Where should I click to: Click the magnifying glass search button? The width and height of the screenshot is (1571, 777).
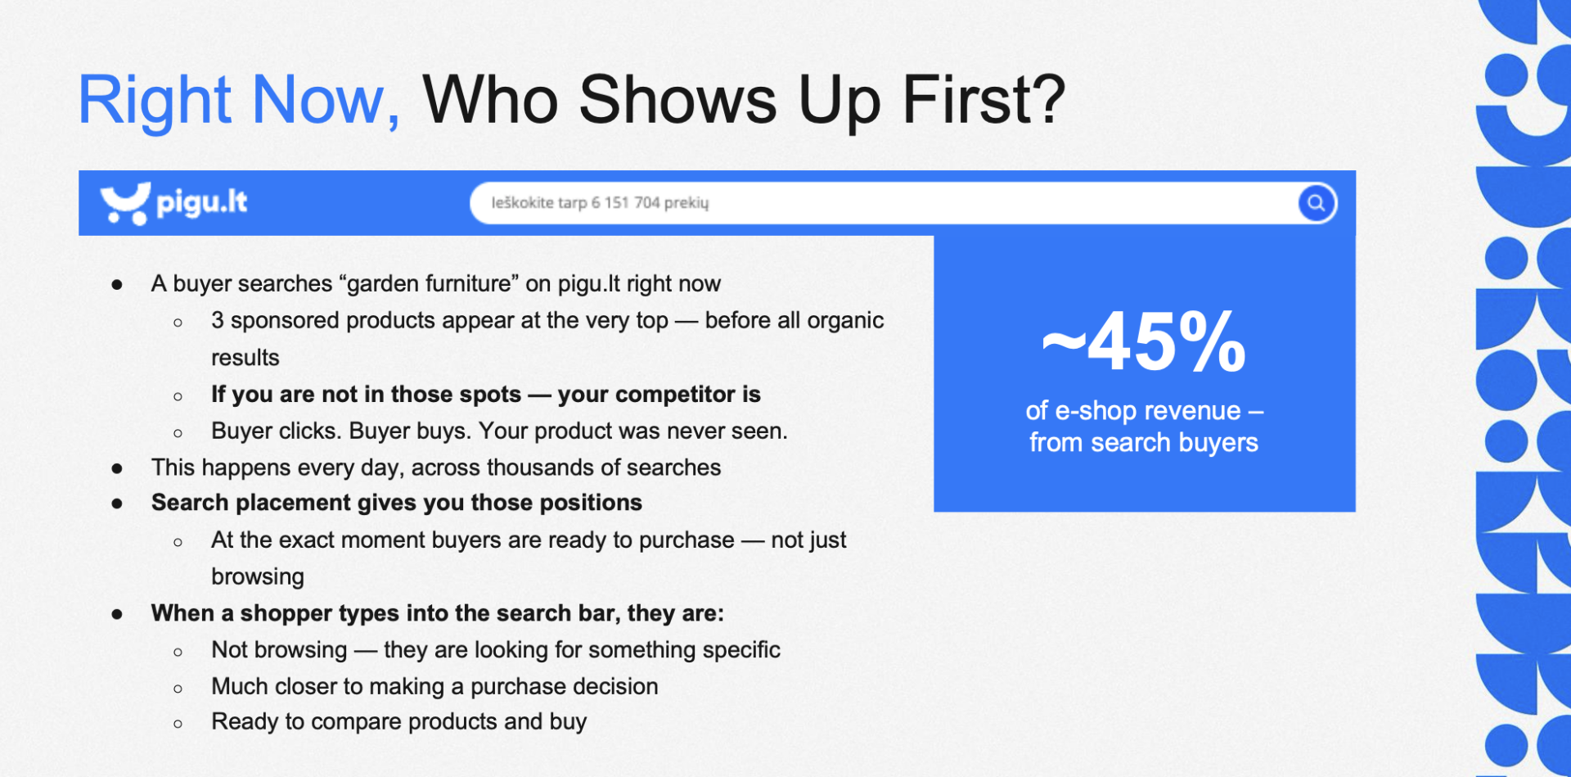(x=1317, y=203)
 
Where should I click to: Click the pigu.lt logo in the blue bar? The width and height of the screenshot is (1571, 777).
(x=173, y=203)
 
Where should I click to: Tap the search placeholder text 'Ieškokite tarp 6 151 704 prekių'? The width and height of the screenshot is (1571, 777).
(x=600, y=203)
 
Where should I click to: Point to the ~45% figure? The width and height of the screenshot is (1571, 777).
(x=1144, y=342)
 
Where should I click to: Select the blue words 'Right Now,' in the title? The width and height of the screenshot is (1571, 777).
(x=239, y=100)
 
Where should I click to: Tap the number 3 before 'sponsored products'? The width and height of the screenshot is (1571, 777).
(x=218, y=320)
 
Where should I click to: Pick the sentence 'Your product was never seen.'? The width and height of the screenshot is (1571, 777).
(x=633, y=431)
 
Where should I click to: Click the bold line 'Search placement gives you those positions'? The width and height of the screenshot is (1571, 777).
(x=397, y=503)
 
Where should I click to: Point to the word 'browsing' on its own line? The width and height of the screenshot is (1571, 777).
(x=258, y=576)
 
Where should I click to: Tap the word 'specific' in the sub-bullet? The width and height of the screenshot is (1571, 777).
(x=741, y=650)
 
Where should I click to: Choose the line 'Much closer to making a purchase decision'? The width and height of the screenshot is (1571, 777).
(x=434, y=686)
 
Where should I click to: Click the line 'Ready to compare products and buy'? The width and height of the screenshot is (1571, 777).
(x=399, y=722)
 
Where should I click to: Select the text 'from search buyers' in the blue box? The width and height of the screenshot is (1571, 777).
(x=1144, y=443)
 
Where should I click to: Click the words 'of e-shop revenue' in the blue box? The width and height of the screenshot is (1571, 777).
(x=1133, y=411)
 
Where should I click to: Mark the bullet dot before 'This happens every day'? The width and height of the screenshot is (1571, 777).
(x=117, y=468)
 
